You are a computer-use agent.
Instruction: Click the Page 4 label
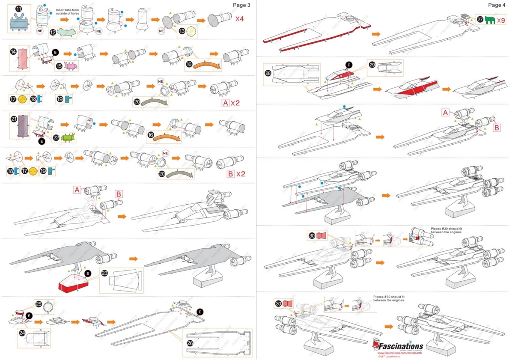pos(497,5)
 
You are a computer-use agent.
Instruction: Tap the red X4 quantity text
pos(240,19)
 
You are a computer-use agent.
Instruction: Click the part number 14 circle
pos(14,51)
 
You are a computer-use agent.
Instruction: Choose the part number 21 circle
pos(14,119)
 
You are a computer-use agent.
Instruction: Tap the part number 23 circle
pos(104,273)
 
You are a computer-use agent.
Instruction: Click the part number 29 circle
pos(372,65)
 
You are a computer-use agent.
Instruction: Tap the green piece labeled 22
pos(68,138)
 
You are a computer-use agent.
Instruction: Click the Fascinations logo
pos(398,346)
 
